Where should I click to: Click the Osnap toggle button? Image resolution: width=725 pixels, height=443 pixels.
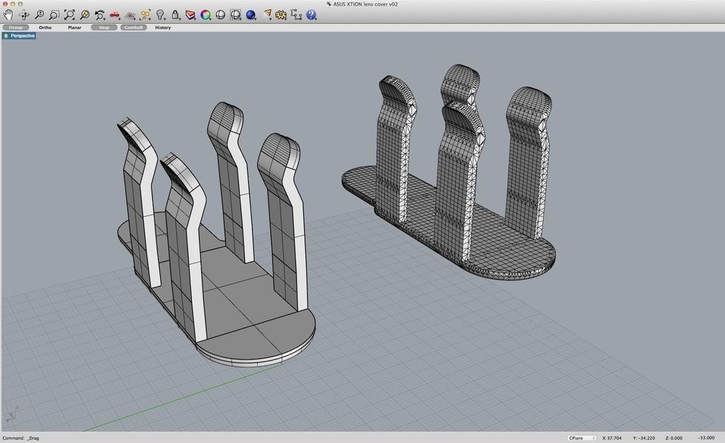16,28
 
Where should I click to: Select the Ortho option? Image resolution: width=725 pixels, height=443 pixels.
45,28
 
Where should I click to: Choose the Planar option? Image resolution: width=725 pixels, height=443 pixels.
74,28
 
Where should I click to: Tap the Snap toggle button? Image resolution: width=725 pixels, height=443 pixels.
104,28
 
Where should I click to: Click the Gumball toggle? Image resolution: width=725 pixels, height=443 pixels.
133,28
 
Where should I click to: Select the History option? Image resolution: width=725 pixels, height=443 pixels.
163,28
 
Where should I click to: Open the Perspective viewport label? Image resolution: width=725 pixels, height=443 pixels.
20,35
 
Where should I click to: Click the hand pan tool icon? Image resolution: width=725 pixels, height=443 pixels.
8,14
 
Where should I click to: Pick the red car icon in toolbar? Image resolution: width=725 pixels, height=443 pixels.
115,14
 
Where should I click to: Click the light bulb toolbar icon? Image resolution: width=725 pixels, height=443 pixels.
161,14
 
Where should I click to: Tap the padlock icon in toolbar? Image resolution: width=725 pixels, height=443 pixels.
176,14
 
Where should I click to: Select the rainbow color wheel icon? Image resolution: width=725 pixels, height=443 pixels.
205,14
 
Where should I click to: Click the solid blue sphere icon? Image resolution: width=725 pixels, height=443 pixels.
251,14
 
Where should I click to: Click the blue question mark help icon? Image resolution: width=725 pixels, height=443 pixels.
312,14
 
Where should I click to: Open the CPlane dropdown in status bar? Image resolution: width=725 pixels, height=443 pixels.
581,438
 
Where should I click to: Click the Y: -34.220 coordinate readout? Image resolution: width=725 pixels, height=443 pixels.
644,438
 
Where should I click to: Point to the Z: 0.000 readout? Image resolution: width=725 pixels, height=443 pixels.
674,438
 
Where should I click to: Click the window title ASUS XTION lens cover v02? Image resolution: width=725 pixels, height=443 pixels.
365,4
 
